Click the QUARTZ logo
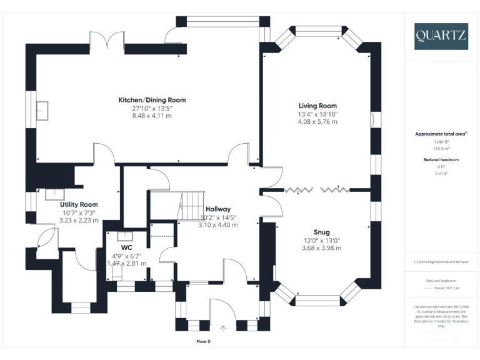(x=441, y=36)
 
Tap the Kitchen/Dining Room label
(x=152, y=100)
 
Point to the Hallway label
(x=218, y=209)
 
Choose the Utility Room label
(x=79, y=205)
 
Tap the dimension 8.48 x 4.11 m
(x=152, y=116)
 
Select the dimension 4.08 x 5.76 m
(x=317, y=122)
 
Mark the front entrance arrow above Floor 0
(x=223, y=327)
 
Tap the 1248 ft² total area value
(x=441, y=141)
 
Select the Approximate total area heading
(x=441, y=134)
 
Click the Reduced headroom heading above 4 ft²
(x=441, y=160)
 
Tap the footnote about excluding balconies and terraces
(x=441, y=262)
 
